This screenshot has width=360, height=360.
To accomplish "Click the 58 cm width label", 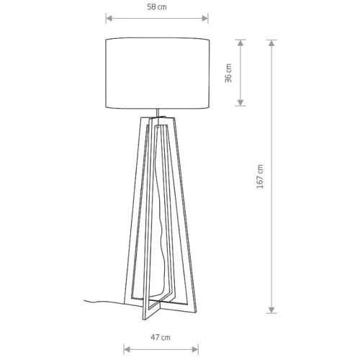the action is (157, 7).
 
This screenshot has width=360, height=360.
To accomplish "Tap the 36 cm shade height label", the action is (228, 73).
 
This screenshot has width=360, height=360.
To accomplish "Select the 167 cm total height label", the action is (260, 176).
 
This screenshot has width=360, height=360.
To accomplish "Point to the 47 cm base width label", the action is (161, 338).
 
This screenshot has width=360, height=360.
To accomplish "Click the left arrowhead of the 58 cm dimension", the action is (109, 18).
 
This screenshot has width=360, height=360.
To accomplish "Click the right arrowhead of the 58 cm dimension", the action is (204, 18).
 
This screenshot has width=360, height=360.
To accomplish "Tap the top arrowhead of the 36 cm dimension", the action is (240, 42).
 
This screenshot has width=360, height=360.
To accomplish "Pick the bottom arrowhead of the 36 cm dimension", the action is (240, 102).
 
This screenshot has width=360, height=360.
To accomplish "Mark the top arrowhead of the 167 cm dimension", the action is (271, 43).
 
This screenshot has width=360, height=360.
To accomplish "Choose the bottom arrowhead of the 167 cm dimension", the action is (271, 310).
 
